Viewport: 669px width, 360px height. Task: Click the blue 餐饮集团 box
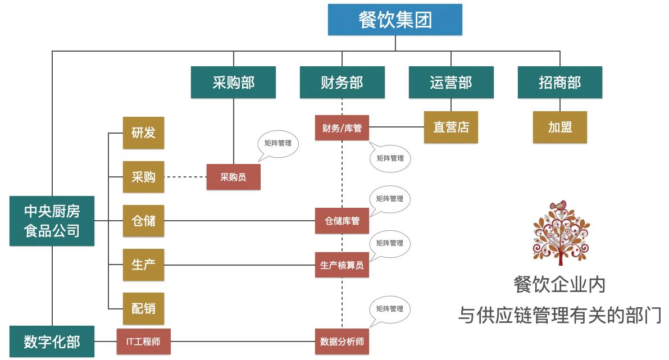click(395, 20)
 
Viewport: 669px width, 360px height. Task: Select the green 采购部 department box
click(233, 83)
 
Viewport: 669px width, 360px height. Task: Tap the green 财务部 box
click(342, 83)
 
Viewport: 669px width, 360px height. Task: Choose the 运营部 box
click(451, 83)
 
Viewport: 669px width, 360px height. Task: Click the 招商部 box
click(559, 83)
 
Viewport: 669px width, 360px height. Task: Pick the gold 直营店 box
click(450, 127)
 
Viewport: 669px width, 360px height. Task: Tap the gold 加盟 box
click(559, 127)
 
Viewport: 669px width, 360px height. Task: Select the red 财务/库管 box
click(342, 128)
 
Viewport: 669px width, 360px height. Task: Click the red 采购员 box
click(233, 177)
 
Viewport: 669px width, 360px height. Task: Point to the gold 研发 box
click(143, 133)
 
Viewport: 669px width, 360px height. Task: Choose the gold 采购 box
click(143, 177)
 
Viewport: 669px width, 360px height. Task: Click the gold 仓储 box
click(143, 221)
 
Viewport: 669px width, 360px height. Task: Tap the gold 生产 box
click(143, 265)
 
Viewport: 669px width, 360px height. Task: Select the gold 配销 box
click(143, 308)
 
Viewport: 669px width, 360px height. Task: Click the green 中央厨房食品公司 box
click(52, 221)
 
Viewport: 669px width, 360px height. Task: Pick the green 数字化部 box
click(52, 341)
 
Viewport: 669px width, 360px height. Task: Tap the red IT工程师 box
click(143, 341)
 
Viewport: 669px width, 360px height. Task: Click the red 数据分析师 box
click(342, 341)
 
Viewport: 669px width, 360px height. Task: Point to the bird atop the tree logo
click(558, 206)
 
